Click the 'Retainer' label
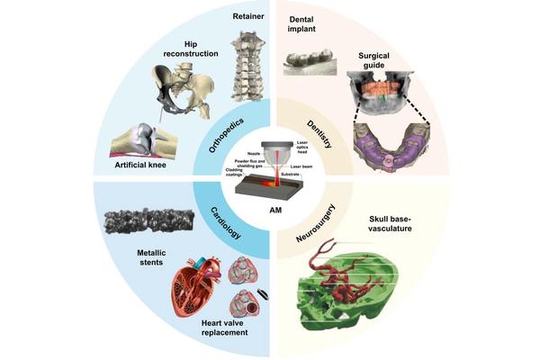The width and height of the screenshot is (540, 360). point(248,16)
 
